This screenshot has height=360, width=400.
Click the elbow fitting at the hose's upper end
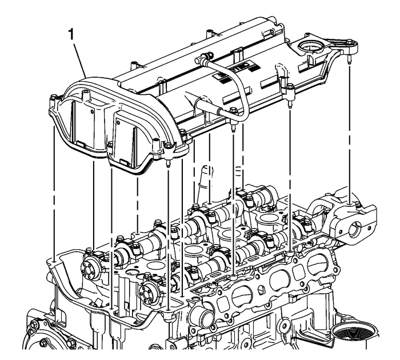[202, 59]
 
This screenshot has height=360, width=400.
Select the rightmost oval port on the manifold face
[317, 265]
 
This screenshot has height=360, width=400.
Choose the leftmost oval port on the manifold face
[242, 295]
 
